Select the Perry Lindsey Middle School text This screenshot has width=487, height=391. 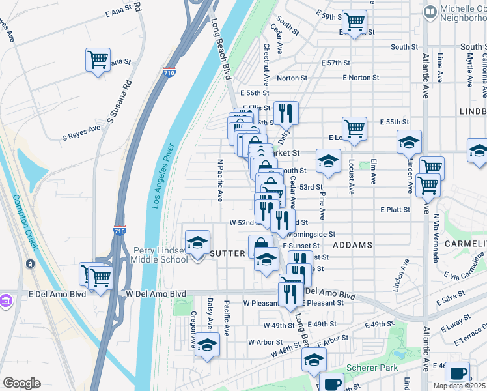click(x=160, y=254)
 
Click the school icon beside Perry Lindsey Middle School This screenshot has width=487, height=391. click(x=197, y=242)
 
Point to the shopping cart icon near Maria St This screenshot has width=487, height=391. click(x=98, y=60)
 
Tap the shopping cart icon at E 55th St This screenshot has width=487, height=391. click(x=354, y=128)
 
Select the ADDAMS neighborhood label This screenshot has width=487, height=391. click(x=352, y=245)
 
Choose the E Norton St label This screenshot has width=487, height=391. click(x=361, y=78)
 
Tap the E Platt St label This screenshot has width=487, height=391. click(x=395, y=209)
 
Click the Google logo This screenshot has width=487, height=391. click(x=22, y=383)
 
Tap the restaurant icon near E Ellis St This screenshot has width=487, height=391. click(x=285, y=113)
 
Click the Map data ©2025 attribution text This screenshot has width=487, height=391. click(x=459, y=386)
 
